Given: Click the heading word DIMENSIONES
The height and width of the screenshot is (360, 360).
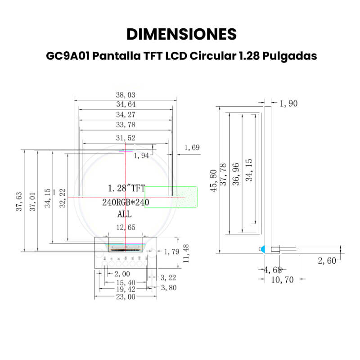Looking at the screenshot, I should coord(181,34).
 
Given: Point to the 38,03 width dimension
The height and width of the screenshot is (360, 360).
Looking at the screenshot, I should coord(126,95).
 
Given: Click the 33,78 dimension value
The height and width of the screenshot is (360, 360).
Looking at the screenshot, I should coord(126,125).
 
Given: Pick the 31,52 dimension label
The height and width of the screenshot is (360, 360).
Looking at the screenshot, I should coord(126,138).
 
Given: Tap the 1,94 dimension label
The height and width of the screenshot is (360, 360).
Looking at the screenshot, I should coord(142,156).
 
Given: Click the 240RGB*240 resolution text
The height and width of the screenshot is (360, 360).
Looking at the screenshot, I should coord(126,202).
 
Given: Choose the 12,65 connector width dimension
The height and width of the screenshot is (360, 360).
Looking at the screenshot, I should coord(126,228).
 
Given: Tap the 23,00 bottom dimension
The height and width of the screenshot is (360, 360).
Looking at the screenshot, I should coord(126,297).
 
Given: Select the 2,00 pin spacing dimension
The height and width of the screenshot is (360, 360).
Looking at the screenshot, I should coord(122,274).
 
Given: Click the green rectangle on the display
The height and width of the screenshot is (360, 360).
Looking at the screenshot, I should coord(171,197).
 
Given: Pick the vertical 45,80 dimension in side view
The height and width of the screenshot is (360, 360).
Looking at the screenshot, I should coord(214,180).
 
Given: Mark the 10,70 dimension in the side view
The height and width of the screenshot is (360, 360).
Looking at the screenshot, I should coord(283,279).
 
